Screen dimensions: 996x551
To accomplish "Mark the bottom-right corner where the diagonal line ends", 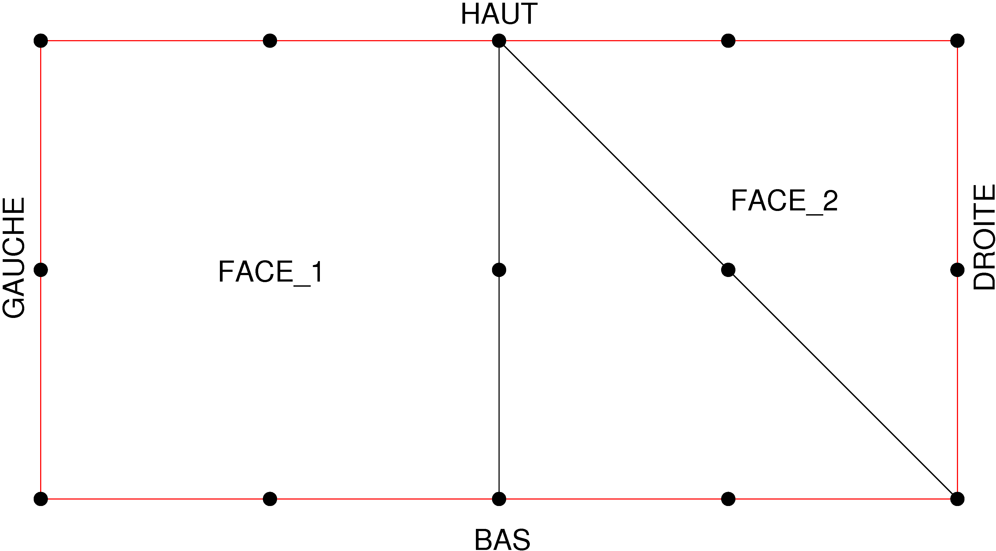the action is [957, 499].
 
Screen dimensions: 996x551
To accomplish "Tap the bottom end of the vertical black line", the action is [499, 499].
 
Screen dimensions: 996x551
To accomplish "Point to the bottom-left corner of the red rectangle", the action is [41, 499].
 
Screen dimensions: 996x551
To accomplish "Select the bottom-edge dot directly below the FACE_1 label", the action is [270, 499].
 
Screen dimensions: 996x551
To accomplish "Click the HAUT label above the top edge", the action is [499, 14].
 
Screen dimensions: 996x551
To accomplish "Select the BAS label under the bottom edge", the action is [502, 539].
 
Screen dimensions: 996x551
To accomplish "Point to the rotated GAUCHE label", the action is [14, 258].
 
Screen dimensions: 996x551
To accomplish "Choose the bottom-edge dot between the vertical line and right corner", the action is [728, 499].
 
